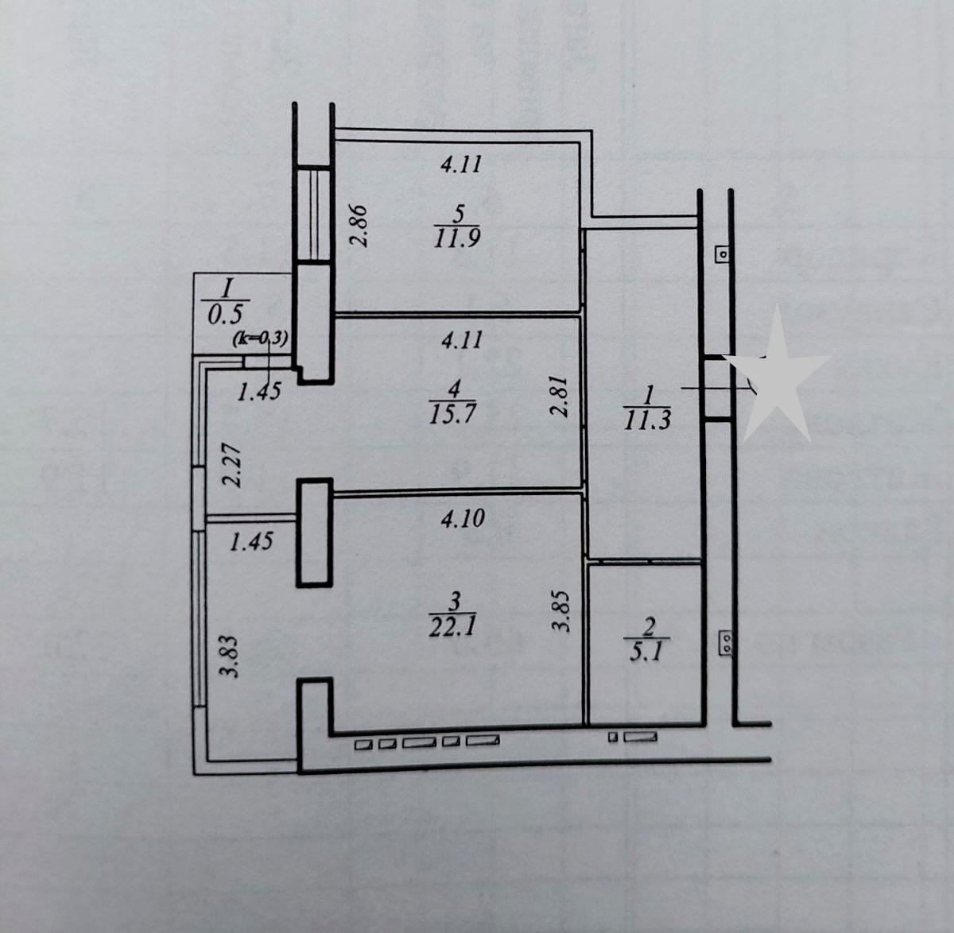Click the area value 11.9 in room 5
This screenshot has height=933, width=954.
click(x=457, y=238)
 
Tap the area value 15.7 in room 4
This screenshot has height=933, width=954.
click(x=452, y=415)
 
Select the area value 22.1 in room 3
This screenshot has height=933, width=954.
click(x=452, y=627)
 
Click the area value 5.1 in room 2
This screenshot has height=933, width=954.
click(x=647, y=652)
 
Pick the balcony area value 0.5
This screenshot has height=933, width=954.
click(x=225, y=314)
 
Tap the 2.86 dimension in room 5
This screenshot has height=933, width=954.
click(x=359, y=226)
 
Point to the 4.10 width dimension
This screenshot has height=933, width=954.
click(x=463, y=518)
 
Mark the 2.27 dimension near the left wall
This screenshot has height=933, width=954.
click(x=232, y=465)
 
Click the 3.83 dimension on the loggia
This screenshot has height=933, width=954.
click(x=228, y=656)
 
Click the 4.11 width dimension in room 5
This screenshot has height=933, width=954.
click(x=461, y=165)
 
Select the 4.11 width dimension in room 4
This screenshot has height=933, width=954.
click(x=462, y=339)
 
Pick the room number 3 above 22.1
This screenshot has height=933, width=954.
click(x=455, y=602)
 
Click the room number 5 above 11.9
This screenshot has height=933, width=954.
click(x=459, y=214)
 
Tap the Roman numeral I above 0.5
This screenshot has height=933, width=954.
click(x=226, y=289)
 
